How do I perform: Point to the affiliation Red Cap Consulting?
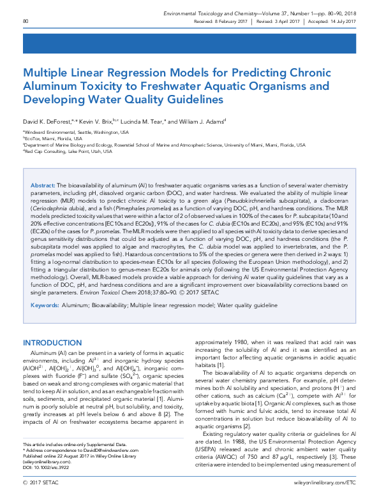[x=63, y=151]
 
